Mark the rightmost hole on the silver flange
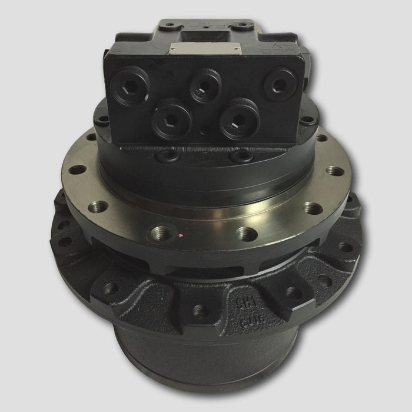pos(334,171)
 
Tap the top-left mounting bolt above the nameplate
pos(170,26)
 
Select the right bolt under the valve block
pos(241,156)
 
